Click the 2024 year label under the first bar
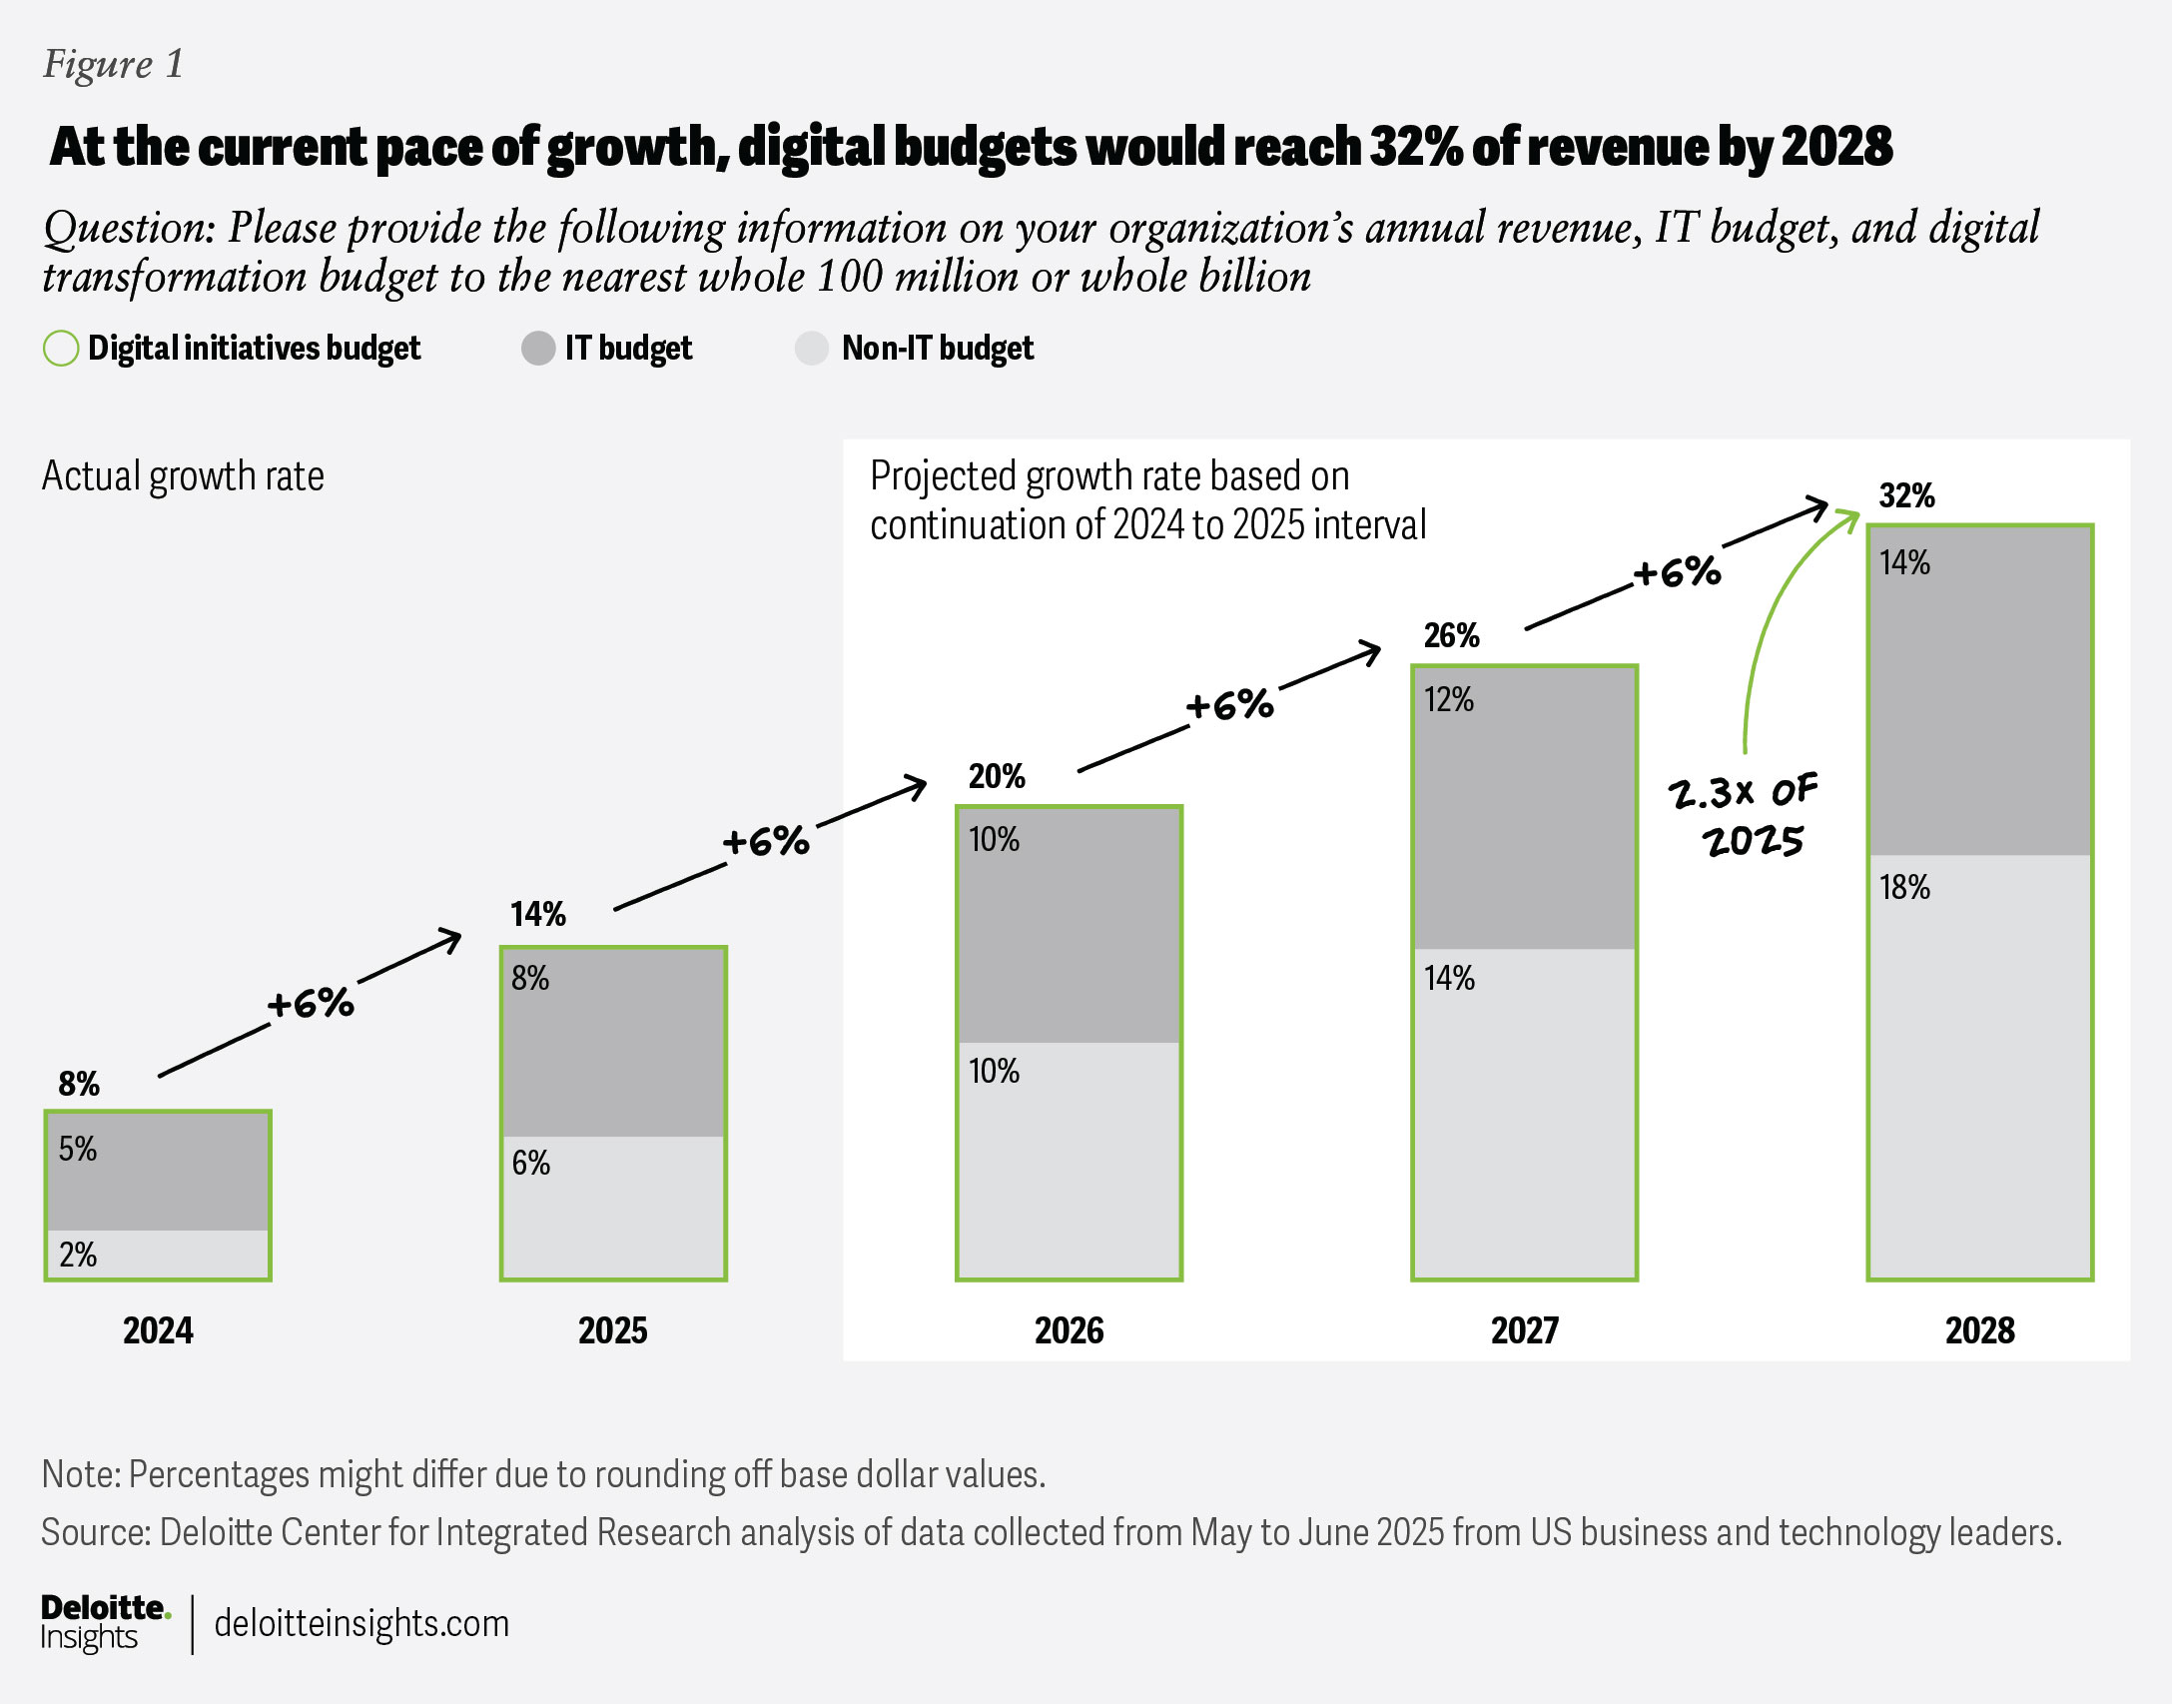click(158, 1330)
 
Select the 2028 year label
click(1979, 1330)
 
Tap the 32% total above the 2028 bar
click(1906, 495)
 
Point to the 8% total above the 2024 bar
click(79, 1084)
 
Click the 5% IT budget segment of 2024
click(158, 1171)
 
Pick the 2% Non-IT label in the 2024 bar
click(78, 1255)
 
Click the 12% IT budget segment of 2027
click(1524, 807)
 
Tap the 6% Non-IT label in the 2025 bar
click(530, 1163)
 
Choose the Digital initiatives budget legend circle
click(61, 349)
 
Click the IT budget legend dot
click(538, 349)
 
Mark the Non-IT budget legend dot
click(812, 349)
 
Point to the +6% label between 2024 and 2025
click(311, 1004)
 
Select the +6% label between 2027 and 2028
click(1678, 572)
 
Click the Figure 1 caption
click(113, 64)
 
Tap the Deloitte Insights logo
click(104, 1622)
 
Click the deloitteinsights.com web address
click(362, 1623)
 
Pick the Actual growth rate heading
click(183, 476)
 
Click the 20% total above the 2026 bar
click(996, 776)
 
